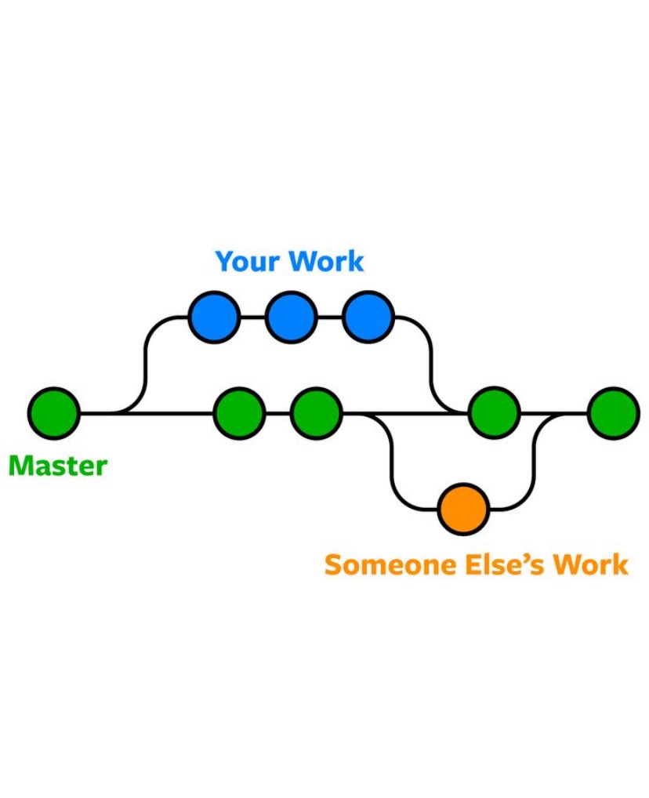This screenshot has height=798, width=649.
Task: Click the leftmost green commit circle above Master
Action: coord(54,412)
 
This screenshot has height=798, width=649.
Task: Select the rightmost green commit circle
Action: coord(613,412)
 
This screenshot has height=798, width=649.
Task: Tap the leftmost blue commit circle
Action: coord(213,317)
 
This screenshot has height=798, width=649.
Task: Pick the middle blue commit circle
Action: coord(291,317)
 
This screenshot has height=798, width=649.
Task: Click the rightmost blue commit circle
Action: coord(367,317)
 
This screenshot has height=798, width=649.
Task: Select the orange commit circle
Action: coord(463,509)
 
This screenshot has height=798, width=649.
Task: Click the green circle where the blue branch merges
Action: coord(494,412)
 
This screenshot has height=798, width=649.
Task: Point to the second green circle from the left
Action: coord(239,412)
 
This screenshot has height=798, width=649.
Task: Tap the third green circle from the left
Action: coord(316,412)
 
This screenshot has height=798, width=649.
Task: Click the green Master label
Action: coord(57,466)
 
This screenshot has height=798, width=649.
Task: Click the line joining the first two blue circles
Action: coord(252,317)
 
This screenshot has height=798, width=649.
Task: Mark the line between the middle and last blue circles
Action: coord(329,317)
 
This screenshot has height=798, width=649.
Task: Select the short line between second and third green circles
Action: coord(277,412)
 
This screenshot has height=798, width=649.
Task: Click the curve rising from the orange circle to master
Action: coord(536,462)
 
